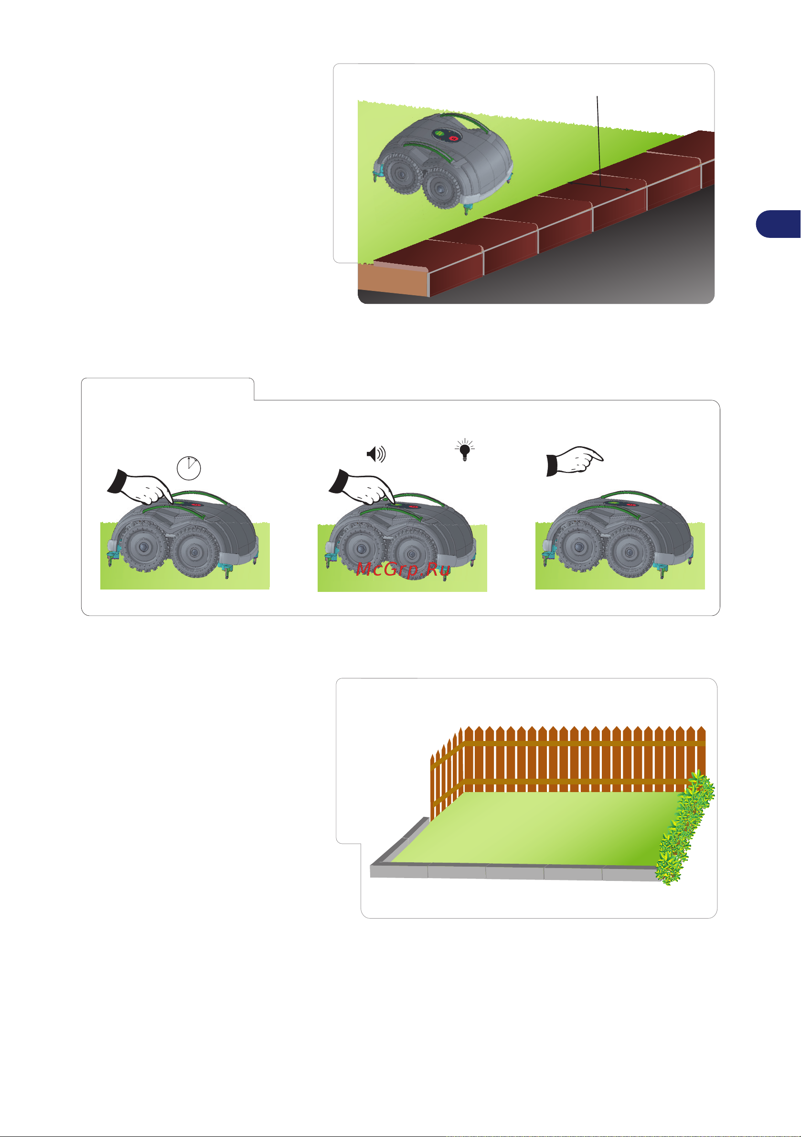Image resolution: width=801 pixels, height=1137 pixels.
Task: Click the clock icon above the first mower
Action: tap(189, 468)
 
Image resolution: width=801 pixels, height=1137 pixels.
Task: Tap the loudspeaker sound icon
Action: tap(376, 454)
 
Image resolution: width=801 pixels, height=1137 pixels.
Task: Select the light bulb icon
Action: tap(464, 450)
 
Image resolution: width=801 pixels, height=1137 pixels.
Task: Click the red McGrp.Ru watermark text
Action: tap(403, 569)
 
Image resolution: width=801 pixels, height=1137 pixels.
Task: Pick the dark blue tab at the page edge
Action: tap(778, 224)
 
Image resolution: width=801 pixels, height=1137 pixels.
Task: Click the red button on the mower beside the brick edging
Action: tap(453, 138)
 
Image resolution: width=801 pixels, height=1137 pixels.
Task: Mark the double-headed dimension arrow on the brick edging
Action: tap(599, 186)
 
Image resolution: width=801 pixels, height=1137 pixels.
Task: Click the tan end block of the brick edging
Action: tap(393, 280)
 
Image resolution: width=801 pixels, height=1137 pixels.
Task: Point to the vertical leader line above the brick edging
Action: tap(598, 141)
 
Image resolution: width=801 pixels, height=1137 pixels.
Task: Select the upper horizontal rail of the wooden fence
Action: tap(584, 744)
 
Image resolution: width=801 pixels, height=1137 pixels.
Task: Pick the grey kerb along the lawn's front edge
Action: tap(515, 872)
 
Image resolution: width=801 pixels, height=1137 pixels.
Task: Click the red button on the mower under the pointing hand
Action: tap(630, 504)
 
